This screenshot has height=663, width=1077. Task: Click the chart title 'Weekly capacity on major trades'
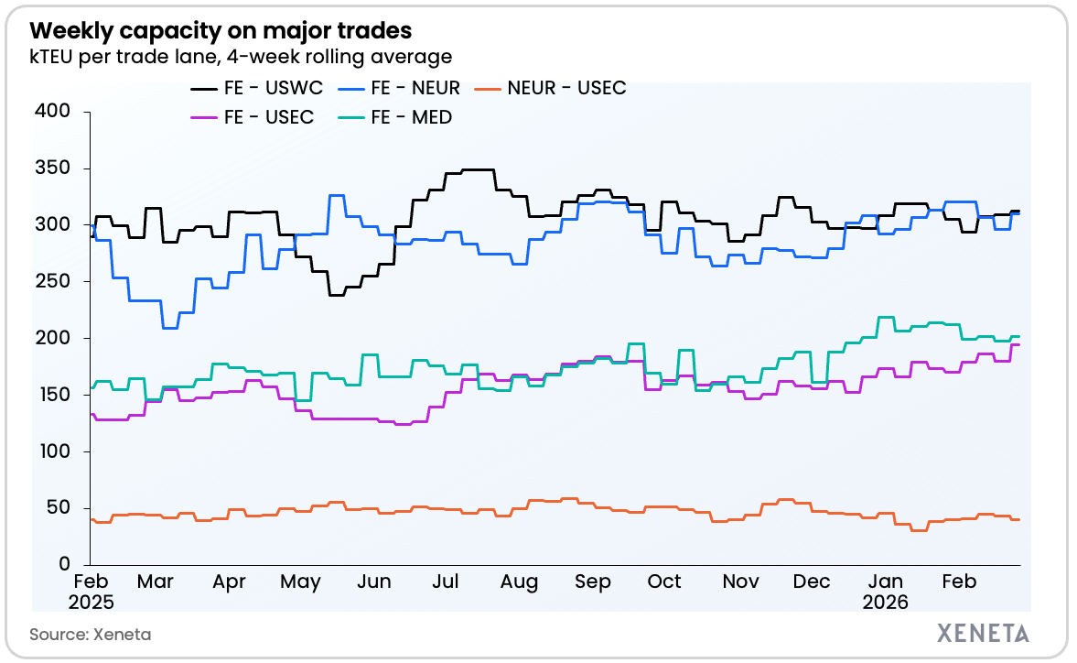coord(221,31)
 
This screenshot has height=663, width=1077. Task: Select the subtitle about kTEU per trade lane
coord(241,57)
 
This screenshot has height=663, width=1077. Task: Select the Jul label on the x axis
coord(445,582)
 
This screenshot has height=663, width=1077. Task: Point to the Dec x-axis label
coord(812,582)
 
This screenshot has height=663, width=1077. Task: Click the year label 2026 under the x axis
coord(885,602)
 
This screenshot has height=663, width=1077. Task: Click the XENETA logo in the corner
coord(983,633)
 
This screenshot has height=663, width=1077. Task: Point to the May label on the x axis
coord(300,582)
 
